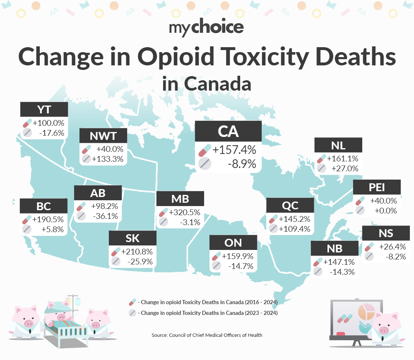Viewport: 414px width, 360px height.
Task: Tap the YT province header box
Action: coord(44,109)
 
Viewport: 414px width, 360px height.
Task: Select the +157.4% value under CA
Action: coord(234,149)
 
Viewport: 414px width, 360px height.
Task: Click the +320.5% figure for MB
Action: coord(185,212)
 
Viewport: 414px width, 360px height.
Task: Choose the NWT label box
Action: coord(103,136)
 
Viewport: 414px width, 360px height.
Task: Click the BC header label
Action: coord(43,206)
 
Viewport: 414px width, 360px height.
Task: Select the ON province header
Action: coord(233,242)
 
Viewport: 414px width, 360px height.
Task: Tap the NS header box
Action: coord(385,233)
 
